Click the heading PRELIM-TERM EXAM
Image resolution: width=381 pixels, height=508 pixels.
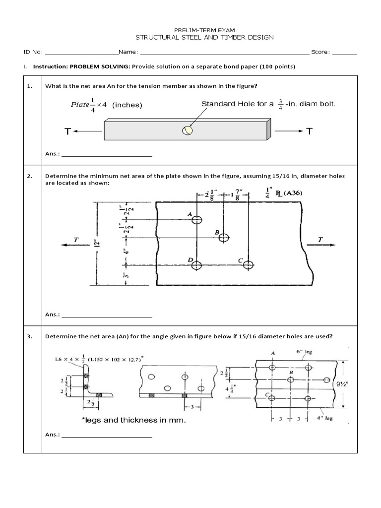(x=190, y=30)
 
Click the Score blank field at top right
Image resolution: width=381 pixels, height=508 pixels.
(x=345, y=52)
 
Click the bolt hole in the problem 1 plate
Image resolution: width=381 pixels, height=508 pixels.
(x=187, y=130)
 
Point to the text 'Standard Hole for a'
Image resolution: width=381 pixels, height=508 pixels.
(x=237, y=104)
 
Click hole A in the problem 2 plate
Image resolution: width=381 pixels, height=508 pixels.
(x=197, y=220)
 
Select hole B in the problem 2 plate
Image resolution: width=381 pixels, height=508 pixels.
(x=224, y=238)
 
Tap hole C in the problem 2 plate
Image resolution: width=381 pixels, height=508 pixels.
(x=248, y=264)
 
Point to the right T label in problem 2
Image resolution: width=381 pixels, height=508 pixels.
(x=320, y=240)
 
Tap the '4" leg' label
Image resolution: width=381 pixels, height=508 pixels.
(x=325, y=418)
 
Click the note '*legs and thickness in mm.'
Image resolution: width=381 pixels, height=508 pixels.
(x=134, y=420)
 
